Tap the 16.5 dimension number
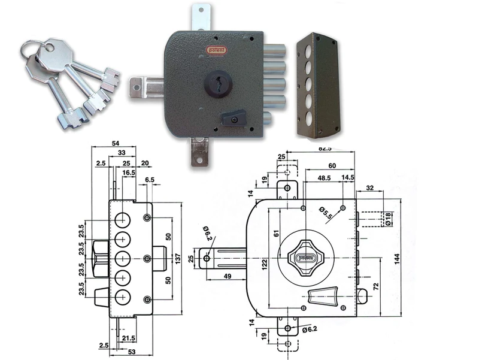(129, 172)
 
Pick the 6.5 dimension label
(150, 180)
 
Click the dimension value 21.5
(128, 338)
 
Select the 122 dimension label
(264, 262)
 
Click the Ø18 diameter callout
(387, 220)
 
